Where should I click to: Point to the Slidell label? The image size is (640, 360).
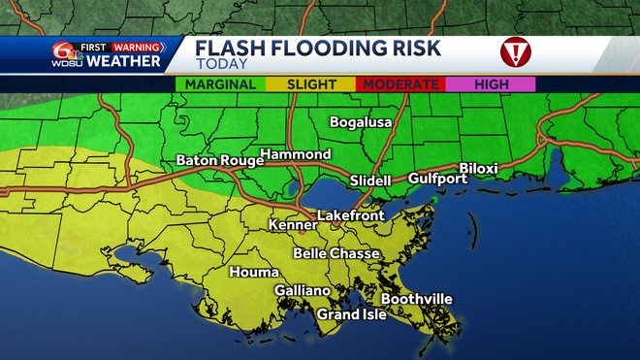(x=369, y=180)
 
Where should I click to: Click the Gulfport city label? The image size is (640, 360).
(x=432, y=179)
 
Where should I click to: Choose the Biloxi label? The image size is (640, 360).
(x=478, y=168)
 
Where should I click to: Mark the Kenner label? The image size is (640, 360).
(x=293, y=226)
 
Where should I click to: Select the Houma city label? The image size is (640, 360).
(x=254, y=273)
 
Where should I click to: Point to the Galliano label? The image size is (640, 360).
(x=302, y=291)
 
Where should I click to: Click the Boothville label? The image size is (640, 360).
(x=416, y=299)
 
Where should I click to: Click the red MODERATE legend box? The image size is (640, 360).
(x=400, y=84)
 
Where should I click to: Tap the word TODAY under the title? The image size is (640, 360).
(x=220, y=64)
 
